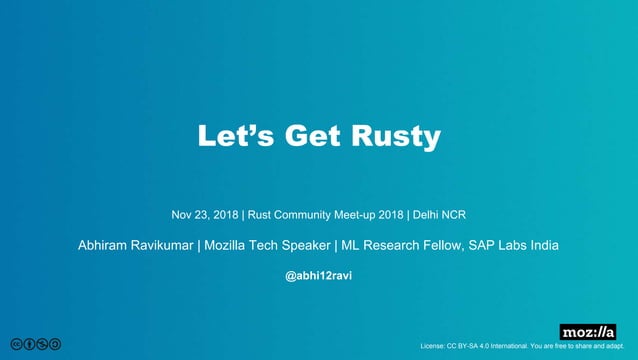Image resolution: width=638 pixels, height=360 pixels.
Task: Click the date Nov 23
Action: coord(189,215)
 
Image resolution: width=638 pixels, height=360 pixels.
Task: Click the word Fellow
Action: coord(436,245)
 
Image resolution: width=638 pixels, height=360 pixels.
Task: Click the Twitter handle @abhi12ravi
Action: coord(318,275)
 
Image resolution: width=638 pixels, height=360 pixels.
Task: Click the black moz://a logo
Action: coord(587,332)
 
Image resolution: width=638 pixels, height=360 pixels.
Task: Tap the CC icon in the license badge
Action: coord(17,345)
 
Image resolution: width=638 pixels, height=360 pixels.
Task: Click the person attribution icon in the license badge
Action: coord(30,345)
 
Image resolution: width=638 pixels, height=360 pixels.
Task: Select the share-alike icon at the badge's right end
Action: coord(56,345)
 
